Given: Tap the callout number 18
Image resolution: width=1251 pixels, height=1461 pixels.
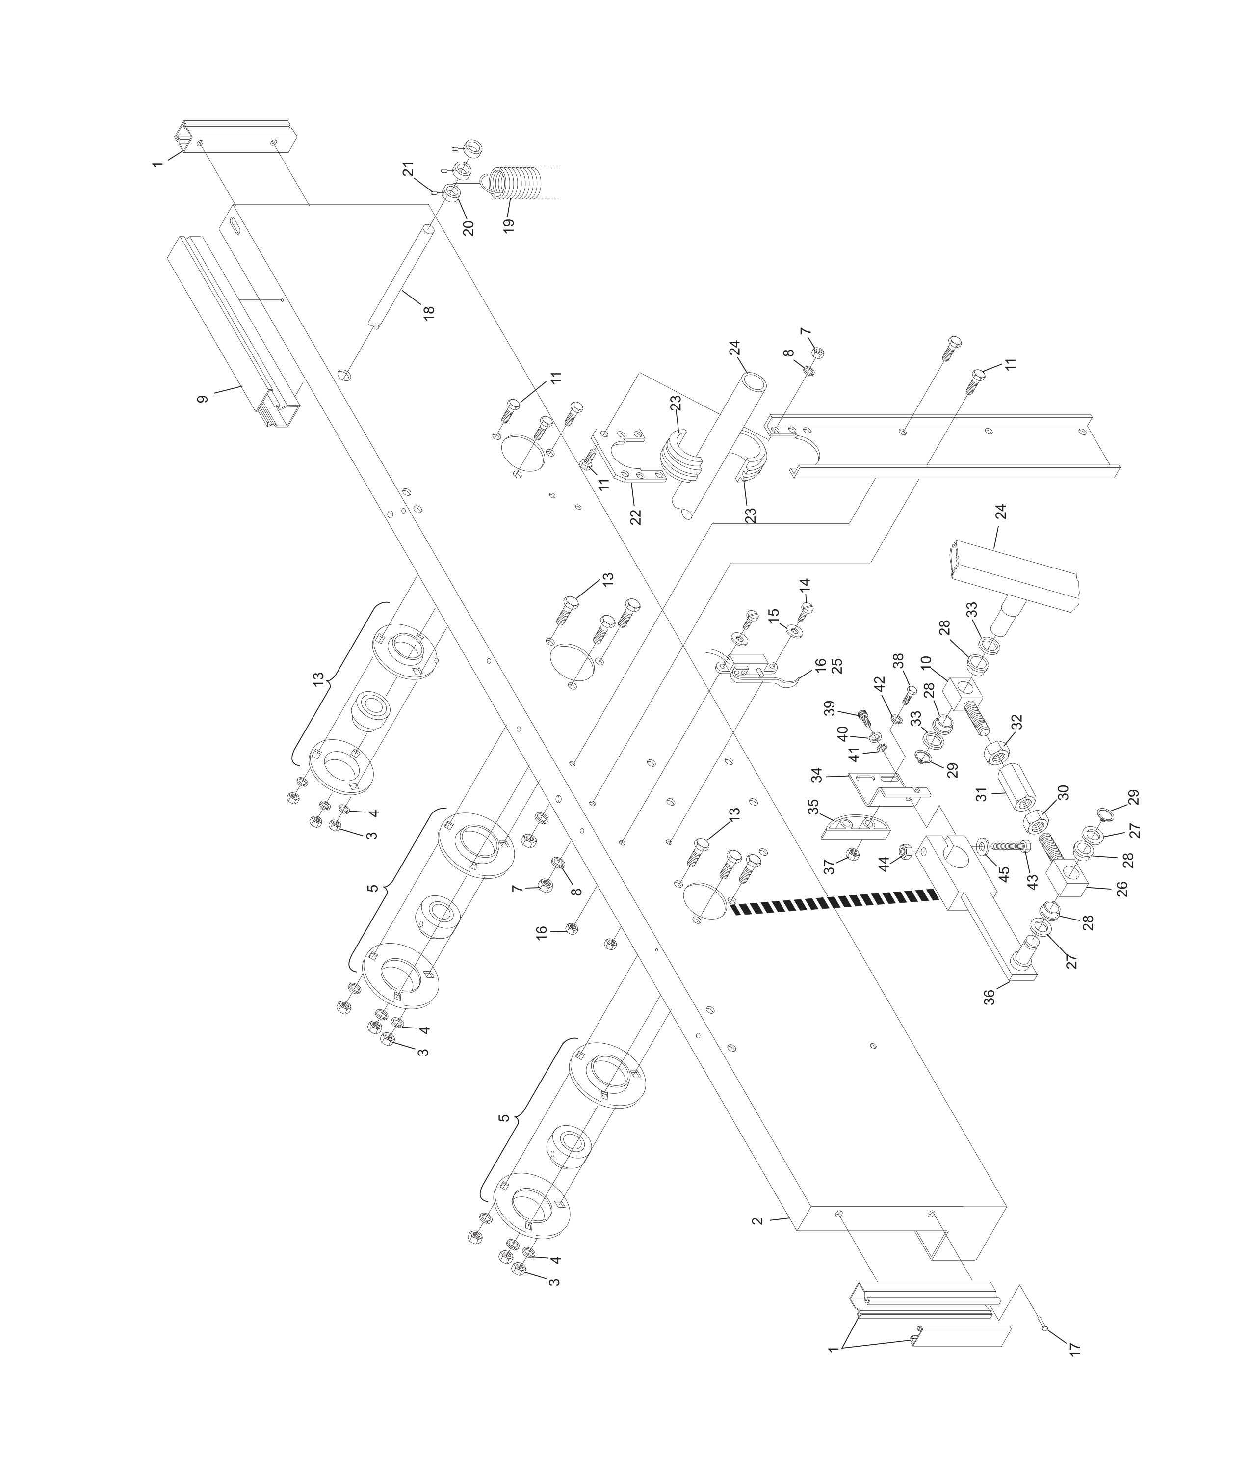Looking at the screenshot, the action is (x=428, y=312).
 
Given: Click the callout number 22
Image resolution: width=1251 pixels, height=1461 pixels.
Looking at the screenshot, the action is (x=636, y=516).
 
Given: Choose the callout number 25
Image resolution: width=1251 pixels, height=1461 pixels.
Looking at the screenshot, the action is (x=837, y=666).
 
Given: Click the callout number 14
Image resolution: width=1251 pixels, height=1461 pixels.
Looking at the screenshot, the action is (x=805, y=586).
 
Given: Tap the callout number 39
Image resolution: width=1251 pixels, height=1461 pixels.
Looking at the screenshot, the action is (x=829, y=707).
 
